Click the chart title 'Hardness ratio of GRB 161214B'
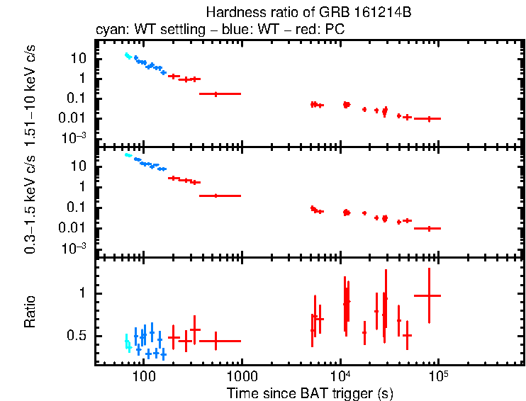(308, 13)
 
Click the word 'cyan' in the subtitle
(111, 30)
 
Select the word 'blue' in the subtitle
(235, 29)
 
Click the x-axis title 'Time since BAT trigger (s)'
(310, 393)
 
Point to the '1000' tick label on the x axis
(242, 376)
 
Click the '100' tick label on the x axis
(144, 376)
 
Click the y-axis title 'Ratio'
(30, 312)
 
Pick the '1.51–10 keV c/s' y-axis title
(30, 96)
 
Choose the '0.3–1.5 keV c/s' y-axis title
(30, 204)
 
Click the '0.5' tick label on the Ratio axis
(77, 336)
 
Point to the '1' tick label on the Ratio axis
(82, 293)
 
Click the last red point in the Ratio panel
(429, 295)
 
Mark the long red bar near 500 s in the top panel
(220, 94)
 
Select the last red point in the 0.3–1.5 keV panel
(429, 229)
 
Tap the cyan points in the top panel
(128, 56)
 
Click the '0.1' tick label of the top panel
(77, 98)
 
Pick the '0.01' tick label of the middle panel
(72, 228)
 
